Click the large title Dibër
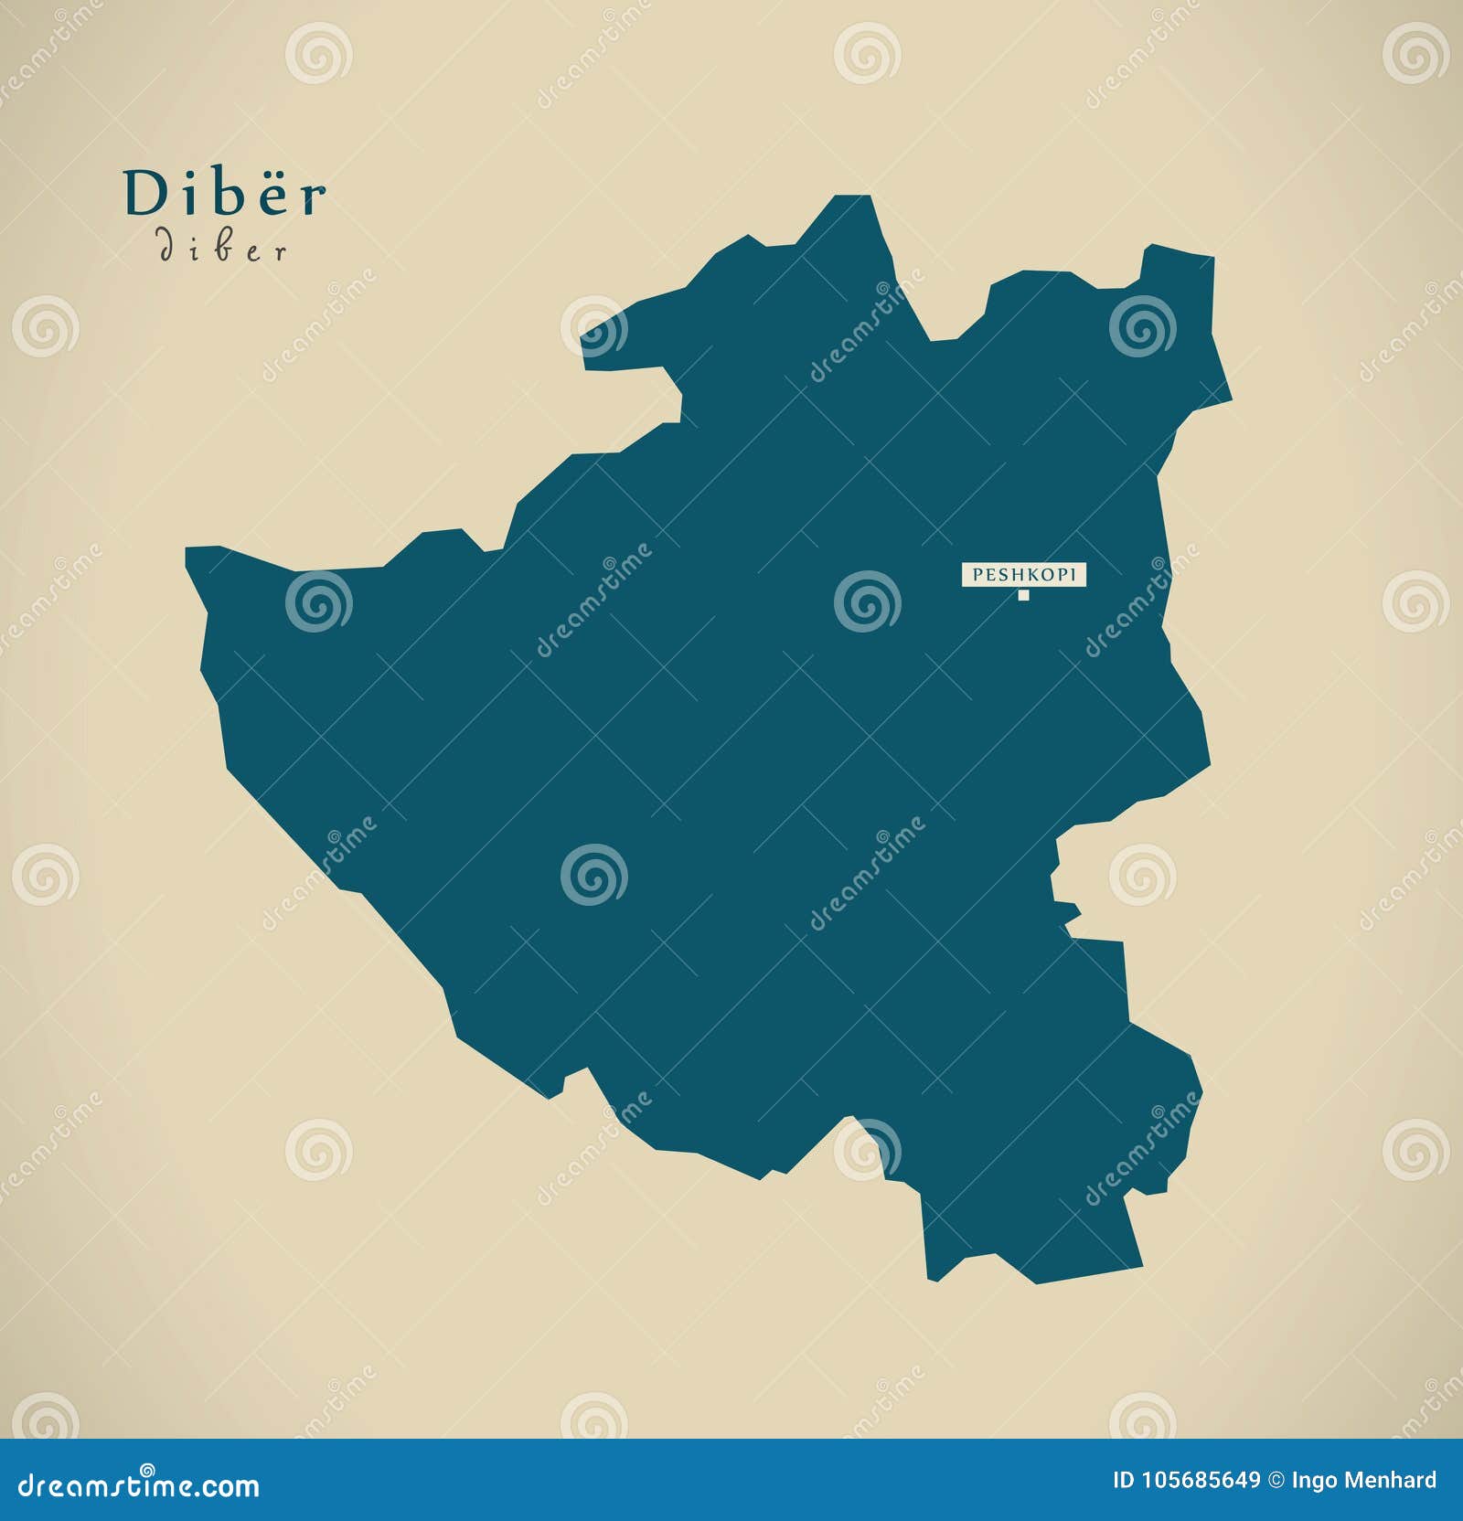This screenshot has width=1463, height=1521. coord(225,194)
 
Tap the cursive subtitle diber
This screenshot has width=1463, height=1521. coord(223,249)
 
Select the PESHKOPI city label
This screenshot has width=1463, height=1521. coord(1023,574)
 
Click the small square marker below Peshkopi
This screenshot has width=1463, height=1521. coord(1023,596)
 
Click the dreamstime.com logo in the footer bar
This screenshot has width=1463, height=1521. coord(139,1486)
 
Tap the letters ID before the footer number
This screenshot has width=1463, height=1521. coord(1124,1481)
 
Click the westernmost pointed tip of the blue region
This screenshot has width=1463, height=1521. coord(189,553)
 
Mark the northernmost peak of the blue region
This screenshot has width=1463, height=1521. coord(850,201)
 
